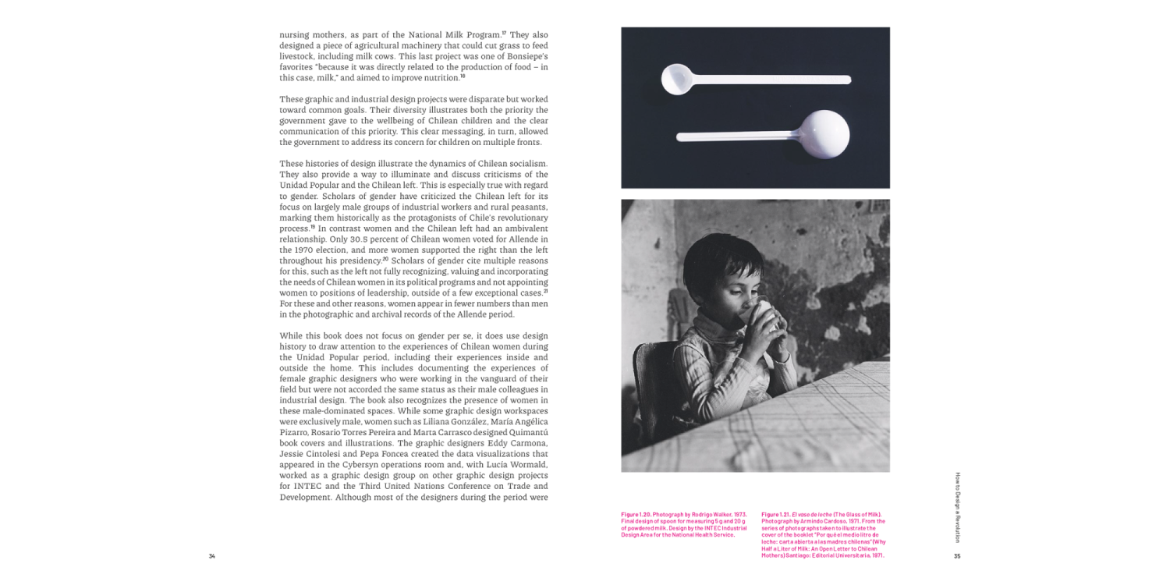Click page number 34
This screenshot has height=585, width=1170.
click(x=211, y=556)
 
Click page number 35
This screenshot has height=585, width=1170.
click(x=957, y=556)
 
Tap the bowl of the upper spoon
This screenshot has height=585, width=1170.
click(x=675, y=78)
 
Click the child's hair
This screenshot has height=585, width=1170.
click(x=721, y=261)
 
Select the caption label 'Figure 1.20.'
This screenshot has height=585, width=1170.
click(x=636, y=515)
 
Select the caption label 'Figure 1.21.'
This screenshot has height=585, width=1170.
click(x=776, y=515)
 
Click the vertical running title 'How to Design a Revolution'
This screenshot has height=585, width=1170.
click(x=958, y=507)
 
